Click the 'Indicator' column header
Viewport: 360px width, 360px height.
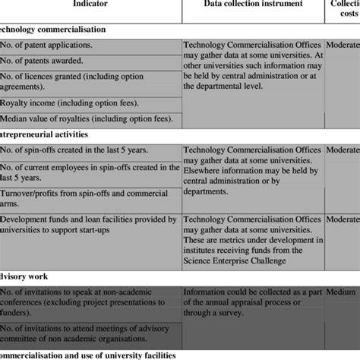90,5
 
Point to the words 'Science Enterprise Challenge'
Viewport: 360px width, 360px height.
244,262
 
